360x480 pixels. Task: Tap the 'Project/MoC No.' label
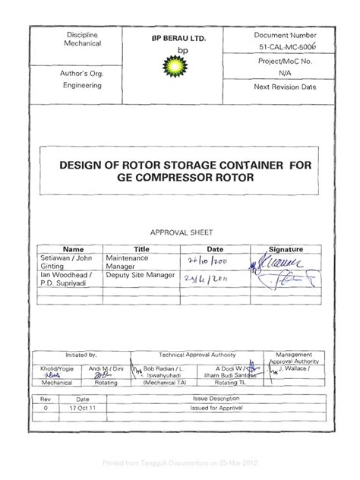click(x=286, y=62)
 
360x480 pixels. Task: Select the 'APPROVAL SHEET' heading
click(x=179, y=233)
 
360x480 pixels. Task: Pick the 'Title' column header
click(x=142, y=249)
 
